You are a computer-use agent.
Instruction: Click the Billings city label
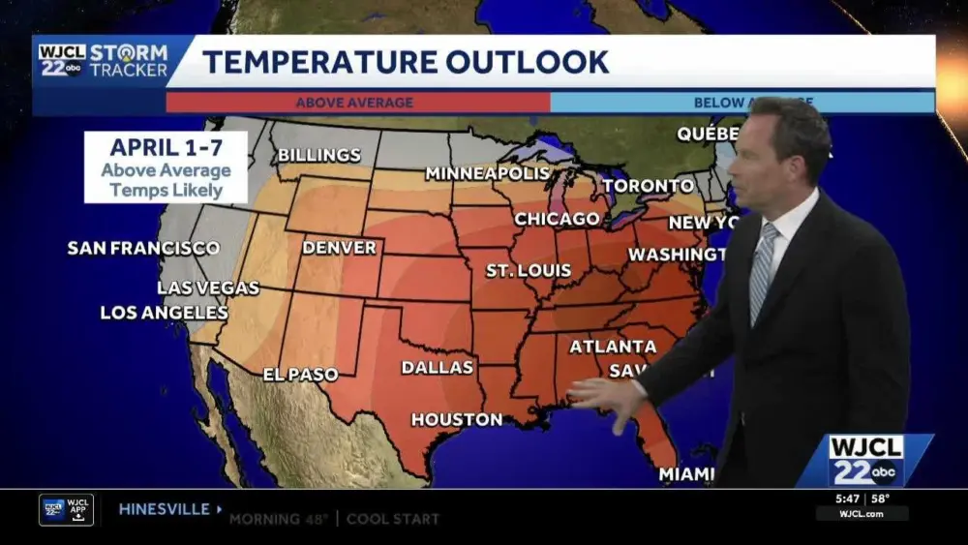click(x=318, y=155)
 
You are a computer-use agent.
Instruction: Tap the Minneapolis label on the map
click(x=487, y=173)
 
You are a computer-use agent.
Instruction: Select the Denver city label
click(x=339, y=248)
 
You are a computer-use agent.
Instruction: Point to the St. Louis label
click(x=528, y=270)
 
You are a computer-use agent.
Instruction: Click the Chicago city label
click(x=557, y=219)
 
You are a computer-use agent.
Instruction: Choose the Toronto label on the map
click(x=648, y=186)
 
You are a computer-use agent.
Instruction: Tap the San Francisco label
click(x=143, y=248)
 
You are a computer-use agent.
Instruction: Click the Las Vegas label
click(x=208, y=288)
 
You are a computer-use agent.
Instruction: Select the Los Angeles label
click(x=165, y=313)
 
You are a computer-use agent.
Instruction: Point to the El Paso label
click(x=300, y=375)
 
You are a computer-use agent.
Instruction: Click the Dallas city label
click(x=438, y=367)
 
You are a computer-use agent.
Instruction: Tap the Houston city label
click(x=457, y=419)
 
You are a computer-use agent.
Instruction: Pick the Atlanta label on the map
click(x=613, y=346)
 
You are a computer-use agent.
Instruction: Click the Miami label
click(x=686, y=473)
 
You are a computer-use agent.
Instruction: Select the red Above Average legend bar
click(x=357, y=103)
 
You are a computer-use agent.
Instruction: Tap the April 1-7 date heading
click(x=165, y=148)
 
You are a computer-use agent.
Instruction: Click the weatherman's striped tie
click(x=763, y=272)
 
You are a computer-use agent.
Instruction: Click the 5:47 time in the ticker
click(x=847, y=499)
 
